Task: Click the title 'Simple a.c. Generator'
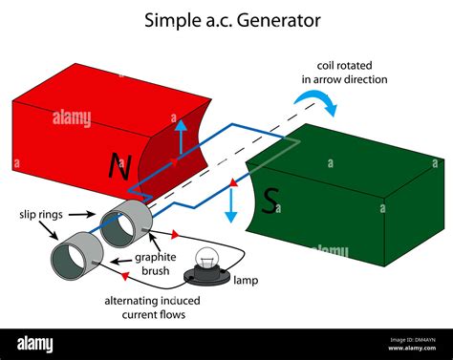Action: coord(232,19)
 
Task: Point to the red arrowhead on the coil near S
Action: coord(230,180)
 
